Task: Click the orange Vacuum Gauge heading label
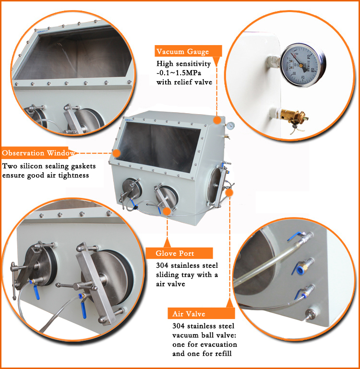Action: [188, 51]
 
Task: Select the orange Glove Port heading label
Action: [179, 253]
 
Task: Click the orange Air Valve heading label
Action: [201, 314]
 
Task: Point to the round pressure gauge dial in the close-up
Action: [303, 65]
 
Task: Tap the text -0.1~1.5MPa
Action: [179, 73]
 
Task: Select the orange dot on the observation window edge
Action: [116, 153]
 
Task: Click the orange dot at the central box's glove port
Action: [167, 211]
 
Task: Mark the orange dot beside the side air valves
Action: [229, 193]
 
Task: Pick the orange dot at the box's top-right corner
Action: [217, 120]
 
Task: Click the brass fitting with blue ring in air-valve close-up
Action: [303, 266]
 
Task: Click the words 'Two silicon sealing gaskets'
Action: [49, 166]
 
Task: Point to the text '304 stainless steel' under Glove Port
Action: [187, 265]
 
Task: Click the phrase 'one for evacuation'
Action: [204, 345]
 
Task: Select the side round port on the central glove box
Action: [215, 186]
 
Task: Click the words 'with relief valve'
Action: [184, 82]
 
